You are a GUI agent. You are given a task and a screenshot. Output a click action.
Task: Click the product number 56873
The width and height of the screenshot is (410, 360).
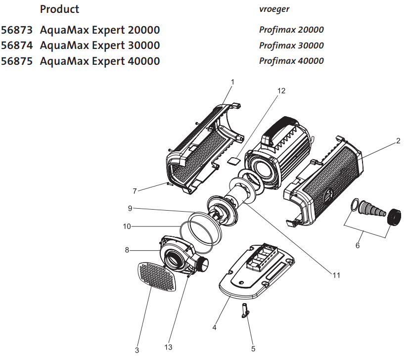17,30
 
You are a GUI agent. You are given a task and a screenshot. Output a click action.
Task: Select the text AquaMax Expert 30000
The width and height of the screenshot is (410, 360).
100,45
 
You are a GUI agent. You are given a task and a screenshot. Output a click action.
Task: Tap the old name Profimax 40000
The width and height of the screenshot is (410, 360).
291,61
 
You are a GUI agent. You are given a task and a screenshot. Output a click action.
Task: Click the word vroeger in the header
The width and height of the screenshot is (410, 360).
274,9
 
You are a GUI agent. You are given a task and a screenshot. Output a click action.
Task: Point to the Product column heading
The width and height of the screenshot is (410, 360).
59,9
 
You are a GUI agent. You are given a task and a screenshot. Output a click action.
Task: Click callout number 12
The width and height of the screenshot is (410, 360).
281,91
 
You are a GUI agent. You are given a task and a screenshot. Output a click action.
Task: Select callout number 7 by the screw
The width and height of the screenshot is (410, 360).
134,191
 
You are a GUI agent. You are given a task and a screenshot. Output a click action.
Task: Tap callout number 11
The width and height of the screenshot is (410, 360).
336,275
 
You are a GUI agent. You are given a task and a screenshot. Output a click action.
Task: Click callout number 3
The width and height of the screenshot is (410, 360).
137,350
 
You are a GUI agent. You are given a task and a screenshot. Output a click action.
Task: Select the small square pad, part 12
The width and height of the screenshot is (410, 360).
233,160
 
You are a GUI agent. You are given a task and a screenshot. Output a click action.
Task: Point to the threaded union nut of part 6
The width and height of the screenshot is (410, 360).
394,217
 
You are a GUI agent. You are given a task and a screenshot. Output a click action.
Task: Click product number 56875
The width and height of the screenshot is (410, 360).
17,61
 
